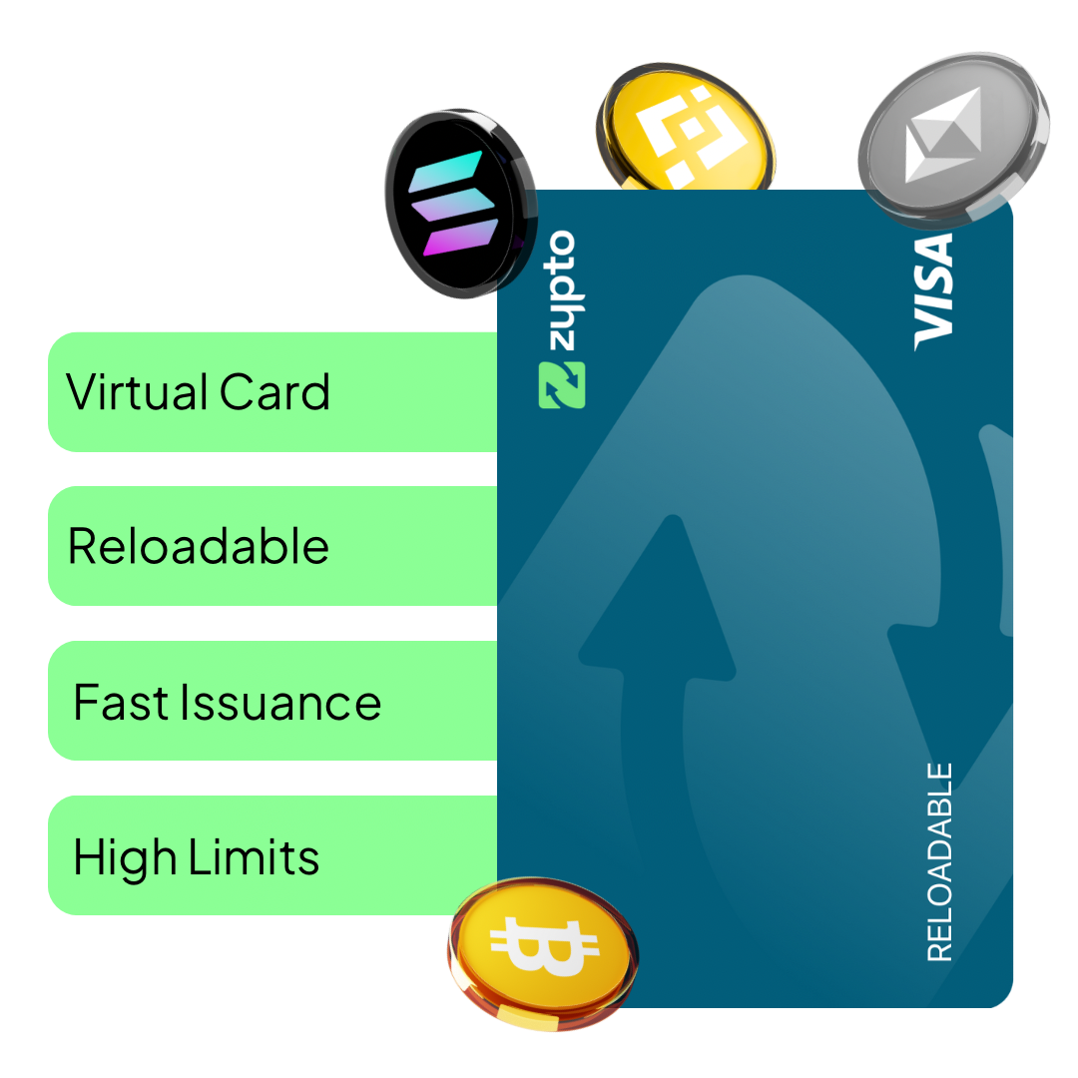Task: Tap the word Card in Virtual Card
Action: (275, 391)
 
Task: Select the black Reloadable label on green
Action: (198, 547)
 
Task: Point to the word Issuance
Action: (280, 703)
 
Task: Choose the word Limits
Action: (257, 858)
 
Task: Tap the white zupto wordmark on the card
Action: (560, 290)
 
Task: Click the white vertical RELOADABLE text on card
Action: (939, 862)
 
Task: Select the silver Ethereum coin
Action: (948, 140)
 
